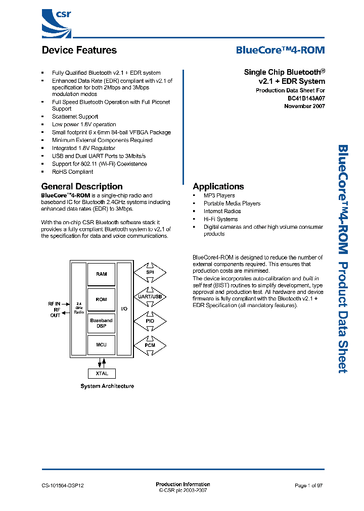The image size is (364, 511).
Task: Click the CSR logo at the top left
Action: pos(56,23)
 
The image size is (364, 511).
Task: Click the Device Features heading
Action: pos(79,50)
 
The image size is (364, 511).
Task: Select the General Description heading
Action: pos(82,186)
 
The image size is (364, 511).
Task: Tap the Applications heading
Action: pos(218,186)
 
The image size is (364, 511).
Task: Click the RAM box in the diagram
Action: pos(101,274)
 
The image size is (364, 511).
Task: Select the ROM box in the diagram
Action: pos(101,299)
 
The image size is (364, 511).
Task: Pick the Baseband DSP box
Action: pos(101,323)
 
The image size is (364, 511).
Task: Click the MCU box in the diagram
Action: pos(101,345)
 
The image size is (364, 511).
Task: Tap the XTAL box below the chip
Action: pos(102,374)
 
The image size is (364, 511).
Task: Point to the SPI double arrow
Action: pos(150,272)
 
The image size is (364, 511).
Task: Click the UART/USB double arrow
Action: pos(150,296)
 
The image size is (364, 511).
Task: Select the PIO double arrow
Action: pos(150,321)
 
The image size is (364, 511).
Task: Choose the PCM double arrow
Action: pos(150,345)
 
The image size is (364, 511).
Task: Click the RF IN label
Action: pos(54,303)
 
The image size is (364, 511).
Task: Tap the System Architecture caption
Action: pos(107,386)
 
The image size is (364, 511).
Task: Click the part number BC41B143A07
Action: pos(303,98)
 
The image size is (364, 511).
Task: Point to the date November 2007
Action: pos(304,106)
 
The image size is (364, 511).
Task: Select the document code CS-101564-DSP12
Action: pos(63,485)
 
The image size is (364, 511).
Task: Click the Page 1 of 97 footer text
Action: pos(308,485)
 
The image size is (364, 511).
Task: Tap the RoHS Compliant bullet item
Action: pos(72,172)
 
